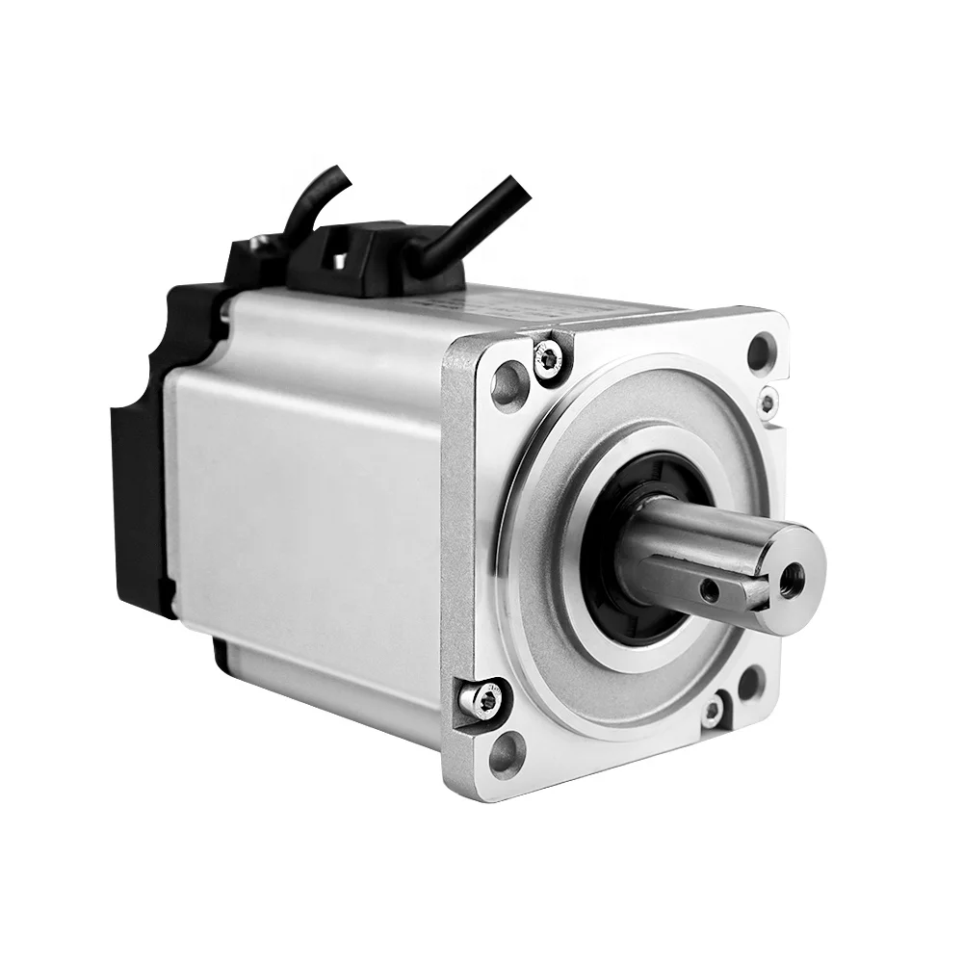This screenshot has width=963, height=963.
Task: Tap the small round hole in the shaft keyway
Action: (x=711, y=586)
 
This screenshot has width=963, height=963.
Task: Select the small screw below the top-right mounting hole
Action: (x=768, y=402)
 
